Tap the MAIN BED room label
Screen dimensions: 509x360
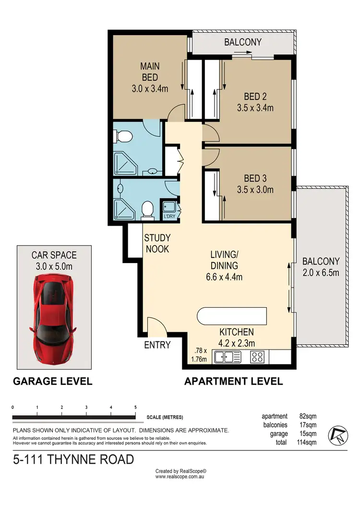click(x=149, y=72)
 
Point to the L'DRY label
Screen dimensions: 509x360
click(x=170, y=217)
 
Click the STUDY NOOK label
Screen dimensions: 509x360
click(x=157, y=243)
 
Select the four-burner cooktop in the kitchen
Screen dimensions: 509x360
click(x=257, y=357)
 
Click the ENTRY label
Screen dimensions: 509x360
click(x=157, y=345)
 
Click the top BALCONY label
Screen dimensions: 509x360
click(x=243, y=42)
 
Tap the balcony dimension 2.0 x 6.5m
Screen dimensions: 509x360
click(x=321, y=273)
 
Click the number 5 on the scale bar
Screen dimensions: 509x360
click(x=135, y=407)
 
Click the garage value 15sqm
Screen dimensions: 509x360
click(x=308, y=434)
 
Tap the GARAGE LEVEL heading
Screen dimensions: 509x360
click(x=52, y=382)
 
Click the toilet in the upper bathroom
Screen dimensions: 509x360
click(x=124, y=136)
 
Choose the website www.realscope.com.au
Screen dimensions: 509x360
click(x=180, y=478)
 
